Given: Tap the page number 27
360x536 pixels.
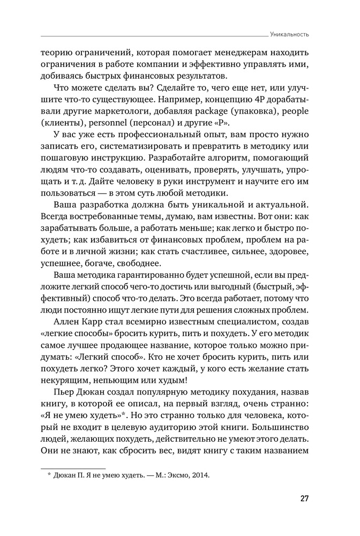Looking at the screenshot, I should point(304,499).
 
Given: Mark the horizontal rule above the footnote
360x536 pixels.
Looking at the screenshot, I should point(73,467).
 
